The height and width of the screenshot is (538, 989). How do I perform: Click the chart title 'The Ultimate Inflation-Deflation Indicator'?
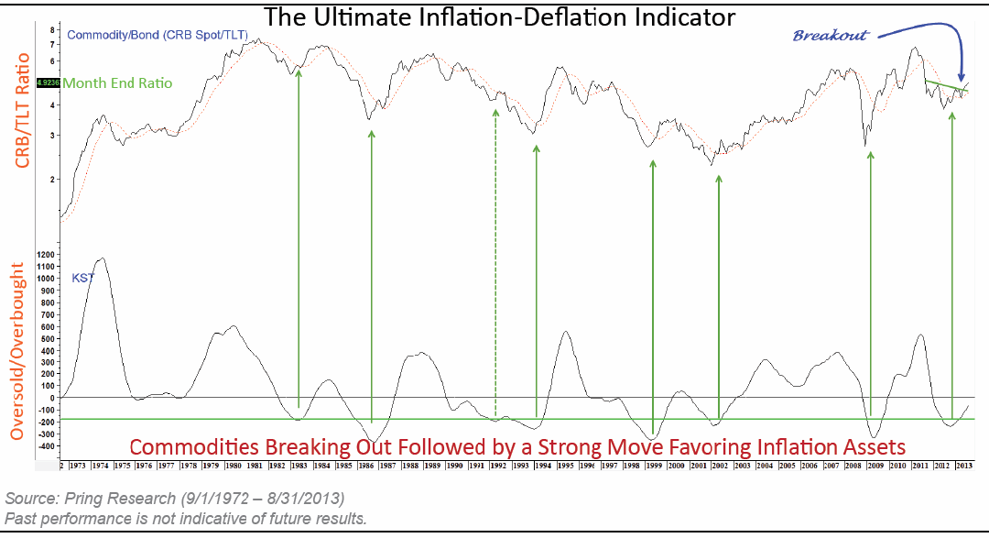point(500,16)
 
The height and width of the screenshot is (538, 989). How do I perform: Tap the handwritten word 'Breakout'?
point(830,35)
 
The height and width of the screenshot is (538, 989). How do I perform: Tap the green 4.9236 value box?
point(48,82)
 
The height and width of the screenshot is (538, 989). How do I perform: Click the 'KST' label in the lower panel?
point(82,277)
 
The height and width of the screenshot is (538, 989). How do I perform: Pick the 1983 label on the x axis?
point(299,466)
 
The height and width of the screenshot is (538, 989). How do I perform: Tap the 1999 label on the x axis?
point(653,466)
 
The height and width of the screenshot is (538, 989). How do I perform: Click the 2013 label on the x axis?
point(962,466)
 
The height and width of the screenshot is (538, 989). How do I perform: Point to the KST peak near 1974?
point(101,259)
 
